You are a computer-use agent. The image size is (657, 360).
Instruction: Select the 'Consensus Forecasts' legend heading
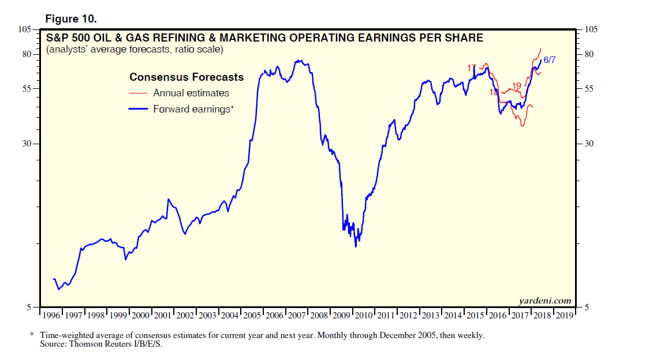click(186, 77)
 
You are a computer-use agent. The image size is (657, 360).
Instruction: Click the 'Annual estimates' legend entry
click(191, 93)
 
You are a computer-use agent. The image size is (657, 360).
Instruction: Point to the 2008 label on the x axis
click(319, 316)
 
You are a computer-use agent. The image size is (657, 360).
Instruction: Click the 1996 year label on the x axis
click(51, 316)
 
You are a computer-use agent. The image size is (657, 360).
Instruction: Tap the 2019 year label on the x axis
click(565, 316)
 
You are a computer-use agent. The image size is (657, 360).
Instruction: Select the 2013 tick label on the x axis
click(431, 316)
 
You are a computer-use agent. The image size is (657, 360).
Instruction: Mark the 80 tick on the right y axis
click(589, 54)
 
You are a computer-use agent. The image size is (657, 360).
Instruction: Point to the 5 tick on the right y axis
click(587, 307)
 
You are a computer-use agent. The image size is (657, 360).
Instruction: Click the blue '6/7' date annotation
click(550, 60)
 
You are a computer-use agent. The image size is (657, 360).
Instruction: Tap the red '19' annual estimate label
click(517, 86)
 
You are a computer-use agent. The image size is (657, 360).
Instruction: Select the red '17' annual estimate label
click(472, 68)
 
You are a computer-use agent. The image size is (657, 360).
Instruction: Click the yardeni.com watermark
click(545, 300)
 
